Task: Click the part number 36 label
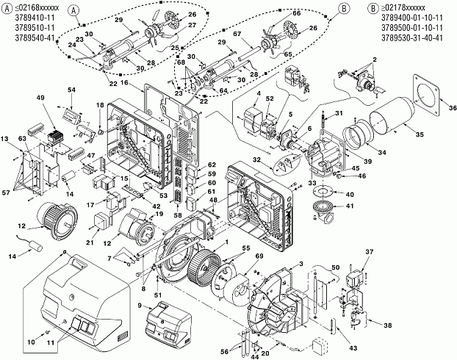pyautogui.click(x=453, y=108)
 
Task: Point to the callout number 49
pyautogui.click(x=40, y=98)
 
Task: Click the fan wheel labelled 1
pyautogui.click(x=204, y=264)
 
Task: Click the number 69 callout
pyautogui.click(x=259, y=256)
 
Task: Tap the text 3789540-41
pyautogui.click(x=35, y=38)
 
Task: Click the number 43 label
pyautogui.click(x=353, y=348)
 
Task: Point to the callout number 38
pyautogui.click(x=388, y=325)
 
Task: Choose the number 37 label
pyautogui.click(x=369, y=251)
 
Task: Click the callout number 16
pyautogui.click(x=124, y=83)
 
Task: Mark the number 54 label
pyautogui.click(x=71, y=90)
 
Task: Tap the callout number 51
pyautogui.click(x=158, y=295)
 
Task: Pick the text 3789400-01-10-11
pyautogui.click(x=412, y=18)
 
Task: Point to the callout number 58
pyautogui.click(x=178, y=215)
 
